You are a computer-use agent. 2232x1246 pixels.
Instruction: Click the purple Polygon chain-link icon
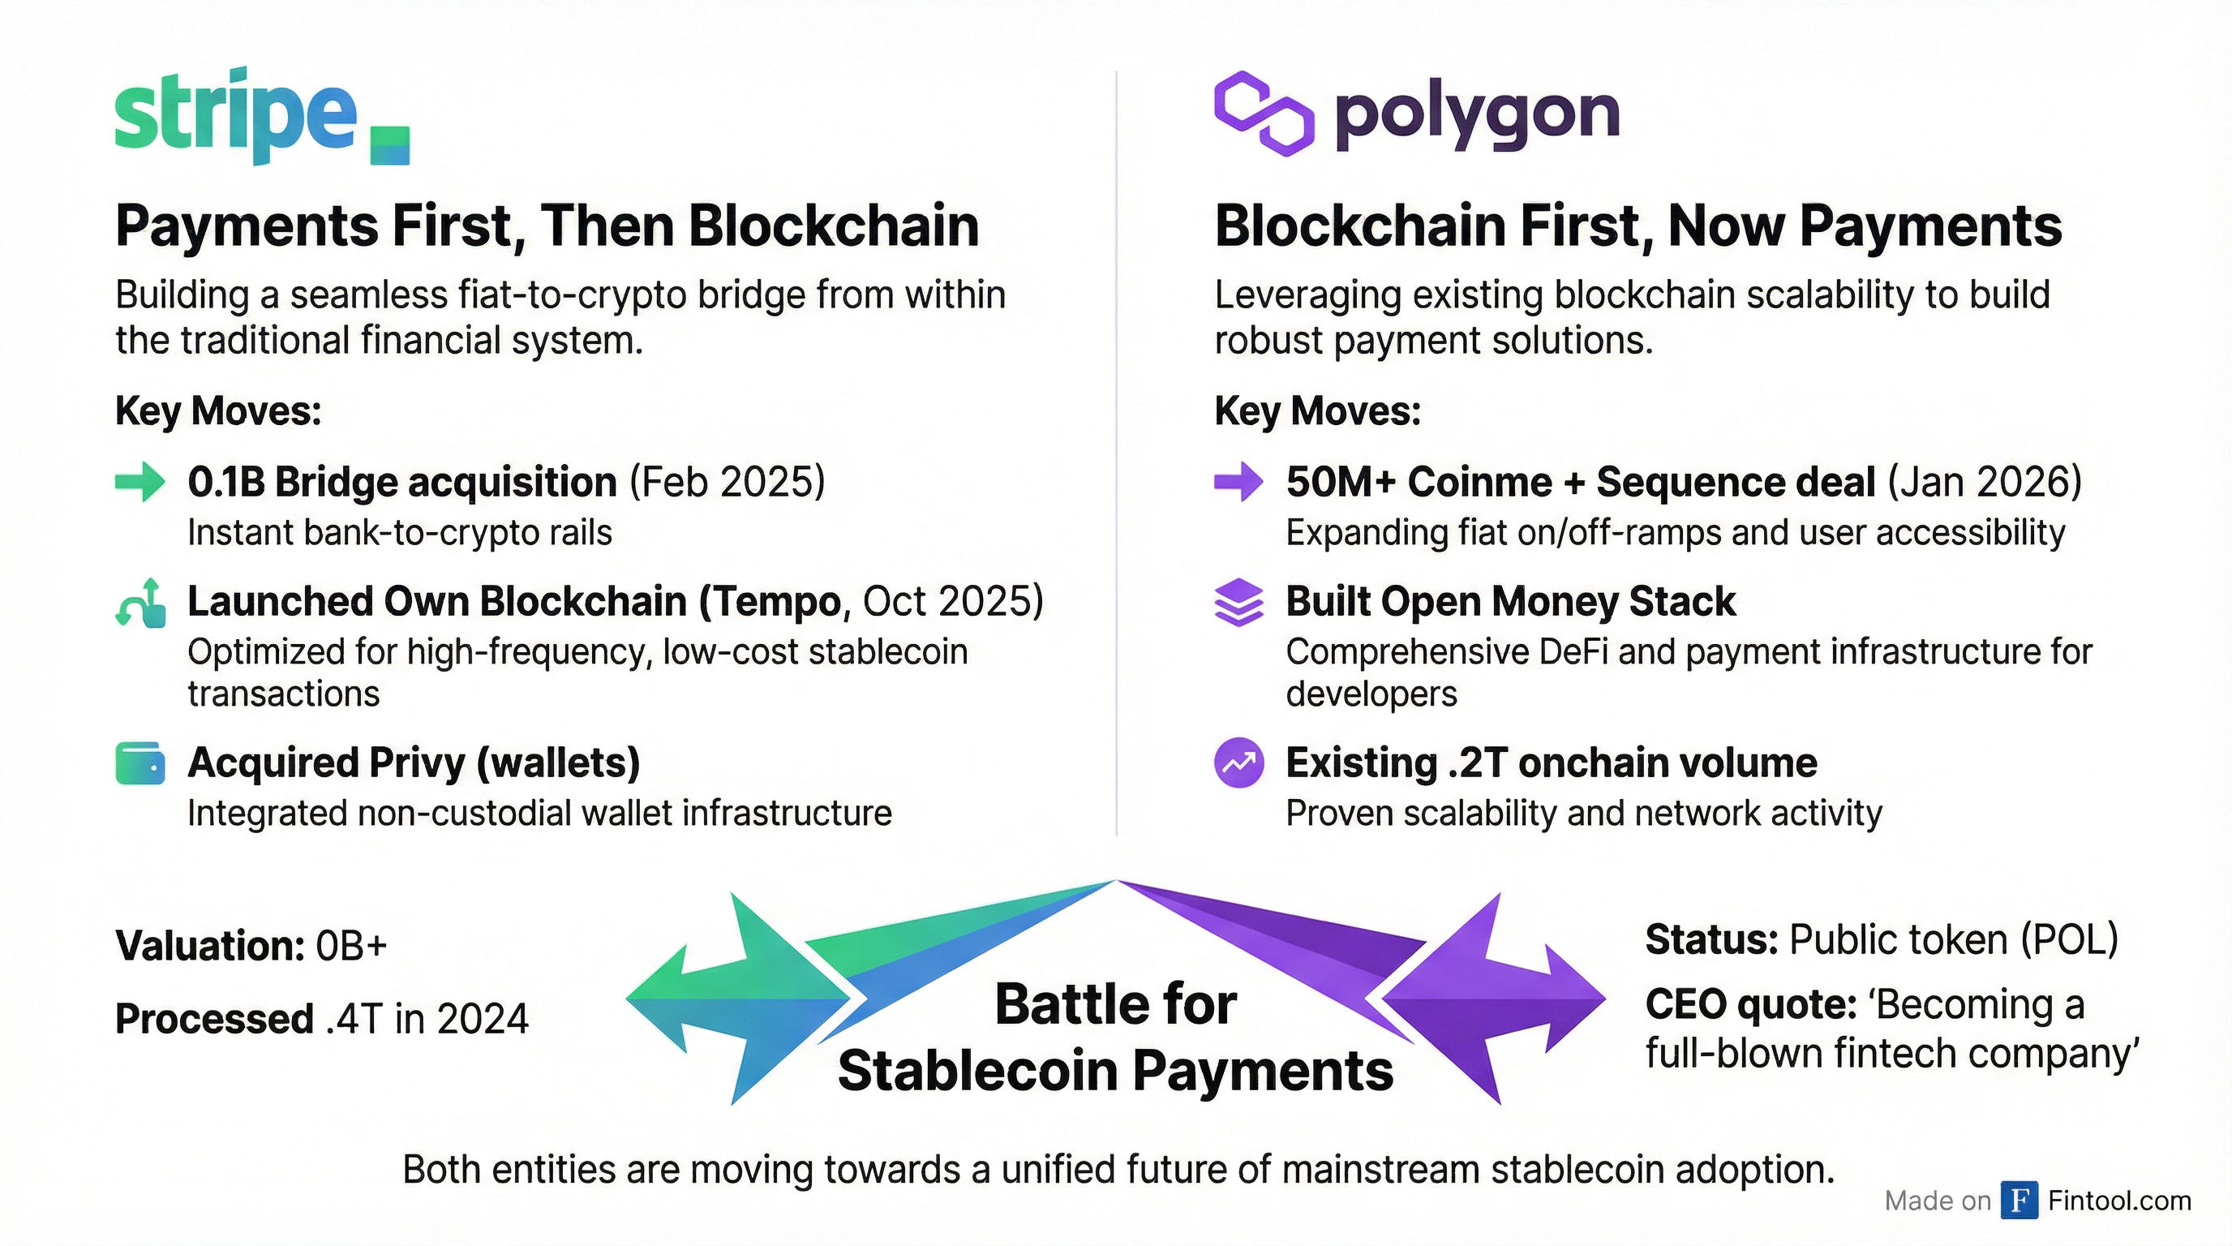pyautogui.click(x=1264, y=114)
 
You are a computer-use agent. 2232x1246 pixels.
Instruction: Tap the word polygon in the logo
pyautogui.click(x=1476, y=115)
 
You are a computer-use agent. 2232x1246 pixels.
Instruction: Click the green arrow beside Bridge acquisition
pyautogui.click(x=139, y=482)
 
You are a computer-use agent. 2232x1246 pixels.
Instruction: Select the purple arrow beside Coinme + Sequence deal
pyautogui.click(x=1238, y=482)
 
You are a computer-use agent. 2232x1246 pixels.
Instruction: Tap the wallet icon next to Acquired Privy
pyautogui.click(x=139, y=763)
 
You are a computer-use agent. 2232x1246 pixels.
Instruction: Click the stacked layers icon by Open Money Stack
pyautogui.click(x=1239, y=601)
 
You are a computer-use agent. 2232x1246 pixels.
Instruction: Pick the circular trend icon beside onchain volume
pyautogui.click(x=1239, y=763)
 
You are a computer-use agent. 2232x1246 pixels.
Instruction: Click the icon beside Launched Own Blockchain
pyautogui.click(x=141, y=602)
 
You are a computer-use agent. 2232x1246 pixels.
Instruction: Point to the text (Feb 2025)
pyautogui.click(x=727, y=482)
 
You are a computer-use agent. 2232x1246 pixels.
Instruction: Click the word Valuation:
pyautogui.click(x=210, y=945)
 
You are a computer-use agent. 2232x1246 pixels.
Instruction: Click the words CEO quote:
pyautogui.click(x=1750, y=1005)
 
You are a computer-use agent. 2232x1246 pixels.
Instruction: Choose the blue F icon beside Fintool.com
pyautogui.click(x=2019, y=1200)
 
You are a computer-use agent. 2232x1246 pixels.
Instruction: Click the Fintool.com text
pyautogui.click(x=2119, y=1200)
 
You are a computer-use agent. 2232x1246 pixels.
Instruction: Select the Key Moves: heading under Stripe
pyautogui.click(x=218, y=410)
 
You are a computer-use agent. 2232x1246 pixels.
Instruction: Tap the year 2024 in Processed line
pyautogui.click(x=483, y=1019)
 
